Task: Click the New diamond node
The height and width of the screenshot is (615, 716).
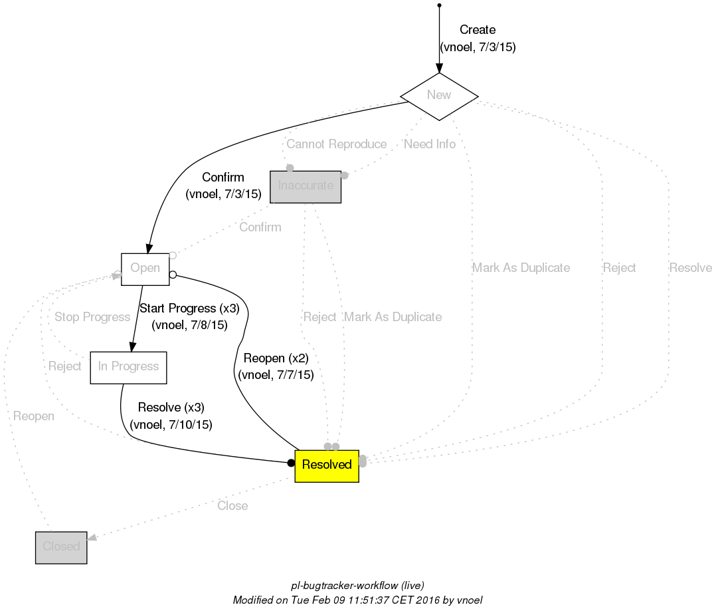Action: [439, 95]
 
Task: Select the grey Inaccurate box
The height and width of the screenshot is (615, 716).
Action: [306, 186]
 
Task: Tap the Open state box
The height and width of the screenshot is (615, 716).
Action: [145, 269]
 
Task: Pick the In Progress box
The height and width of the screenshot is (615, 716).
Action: [128, 367]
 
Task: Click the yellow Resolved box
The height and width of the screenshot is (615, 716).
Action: [327, 465]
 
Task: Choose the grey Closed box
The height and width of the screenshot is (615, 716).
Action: [61, 547]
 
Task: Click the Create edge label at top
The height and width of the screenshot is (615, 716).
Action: [478, 30]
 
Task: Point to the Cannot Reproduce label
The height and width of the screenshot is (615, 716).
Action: [336, 144]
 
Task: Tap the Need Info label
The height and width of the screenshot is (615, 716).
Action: [430, 144]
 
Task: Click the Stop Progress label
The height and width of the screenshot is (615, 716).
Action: [92, 317]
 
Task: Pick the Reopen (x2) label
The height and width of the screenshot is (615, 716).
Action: [276, 358]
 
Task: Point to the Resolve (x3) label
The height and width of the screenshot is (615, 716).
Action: [171, 408]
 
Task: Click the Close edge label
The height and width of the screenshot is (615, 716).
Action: [232, 506]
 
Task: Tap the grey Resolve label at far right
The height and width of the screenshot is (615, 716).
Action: [690, 268]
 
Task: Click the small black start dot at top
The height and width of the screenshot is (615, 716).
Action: [439, 6]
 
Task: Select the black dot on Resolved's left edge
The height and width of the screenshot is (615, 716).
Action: [291, 462]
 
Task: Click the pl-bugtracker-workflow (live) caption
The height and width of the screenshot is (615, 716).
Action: [357, 586]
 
